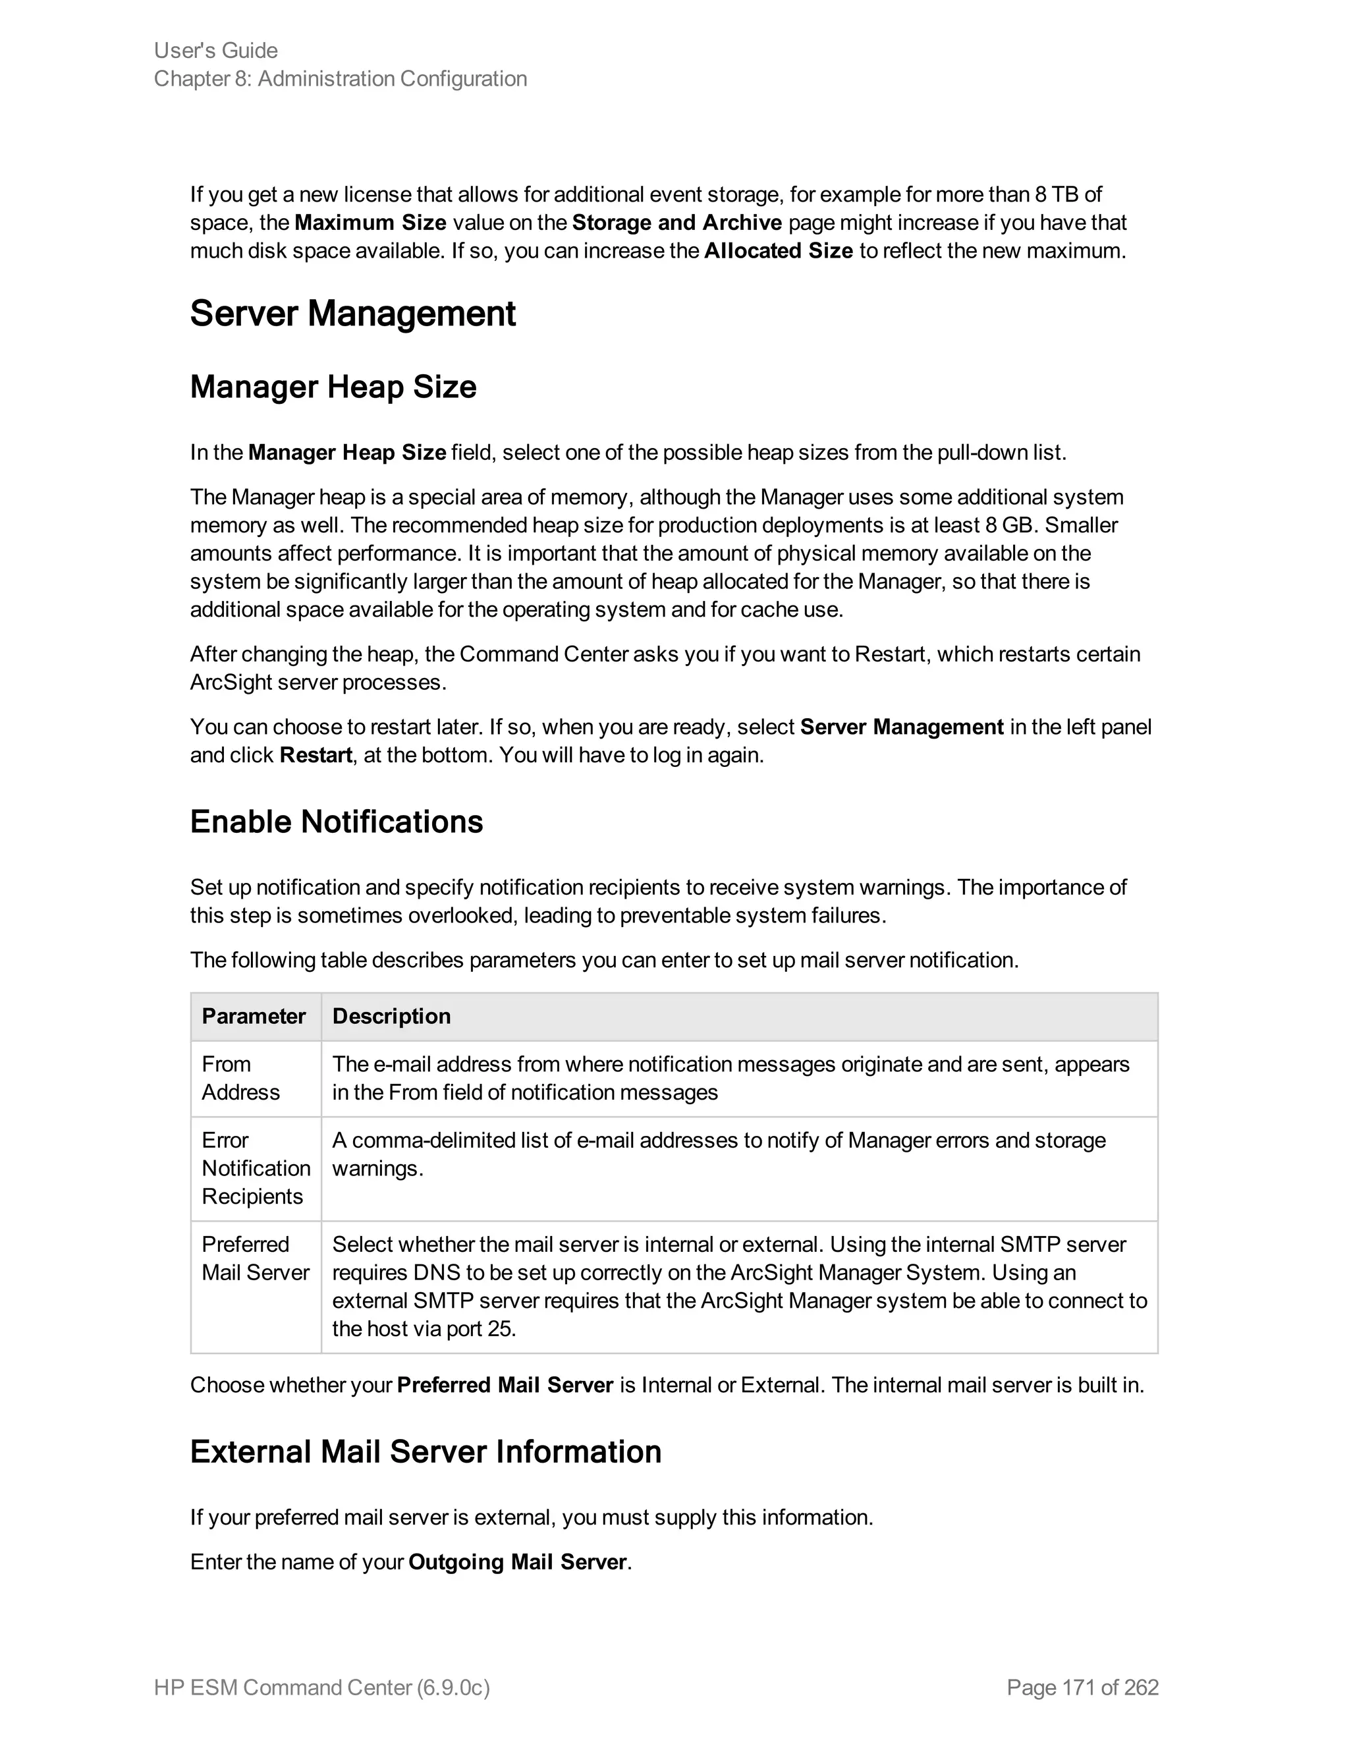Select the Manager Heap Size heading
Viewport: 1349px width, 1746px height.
pyautogui.click(x=333, y=387)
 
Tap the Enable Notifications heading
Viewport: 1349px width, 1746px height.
pyautogui.click(x=337, y=822)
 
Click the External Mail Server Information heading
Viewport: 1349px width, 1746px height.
pyautogui.click(x=425, y=1451)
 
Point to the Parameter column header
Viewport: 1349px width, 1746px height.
pyautogui.click(x=254, y=1016)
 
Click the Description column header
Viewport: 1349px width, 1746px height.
pyautogui.click(x=391, y=1016)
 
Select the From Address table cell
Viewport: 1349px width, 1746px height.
pyautogui.click(x=240, y=1078)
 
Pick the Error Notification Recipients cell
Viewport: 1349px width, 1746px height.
pyautogui.click(x=255, y=1168)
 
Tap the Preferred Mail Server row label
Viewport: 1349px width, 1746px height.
pyautogui.click(x=254, y=1258)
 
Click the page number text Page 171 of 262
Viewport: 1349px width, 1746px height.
pyautogui.click(x=1082, y=1687)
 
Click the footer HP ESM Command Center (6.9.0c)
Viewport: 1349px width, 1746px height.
pyautogui.click(x=321, y=1687)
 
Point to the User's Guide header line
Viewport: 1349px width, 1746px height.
pyautogui.click(x=216, y=50)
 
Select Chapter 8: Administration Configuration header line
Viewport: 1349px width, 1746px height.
pyautogui.click(x=341, y=79)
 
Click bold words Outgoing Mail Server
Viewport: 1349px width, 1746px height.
pyautogui.click(x=517, y=1562)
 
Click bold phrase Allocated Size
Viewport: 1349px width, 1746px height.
pyautogui.click(x=778, y=251)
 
